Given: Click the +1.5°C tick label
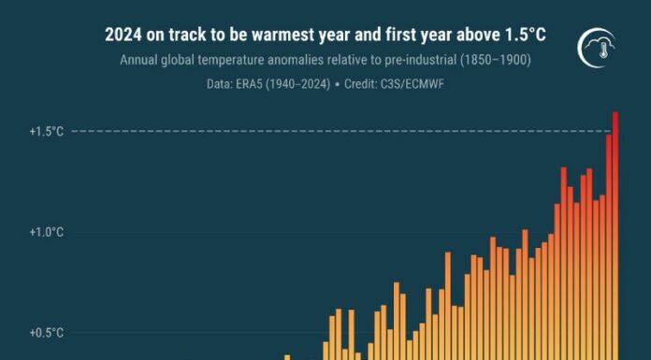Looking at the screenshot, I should pos(46,132).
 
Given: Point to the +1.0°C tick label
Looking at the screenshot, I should pos(46,232).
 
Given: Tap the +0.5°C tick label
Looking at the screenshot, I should pos(46,332).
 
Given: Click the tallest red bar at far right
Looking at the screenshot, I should pos(615,234).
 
